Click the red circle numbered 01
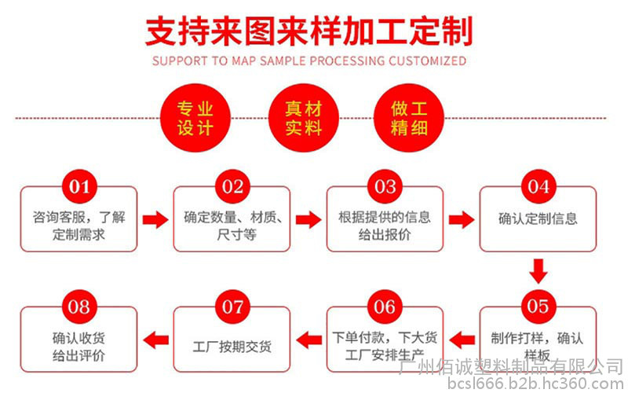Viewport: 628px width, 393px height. [79, 186]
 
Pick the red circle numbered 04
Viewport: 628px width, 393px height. [538, 186]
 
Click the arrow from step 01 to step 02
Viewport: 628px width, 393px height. [155, 219]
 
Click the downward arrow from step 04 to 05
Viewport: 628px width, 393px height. [538, 271]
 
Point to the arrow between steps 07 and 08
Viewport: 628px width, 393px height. [155, 340]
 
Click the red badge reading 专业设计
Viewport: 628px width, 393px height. [194, 118]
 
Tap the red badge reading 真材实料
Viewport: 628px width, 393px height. [303, 118]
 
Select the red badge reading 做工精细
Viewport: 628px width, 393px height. [410, 118]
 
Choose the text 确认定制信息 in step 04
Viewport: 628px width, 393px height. [538, 219]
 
